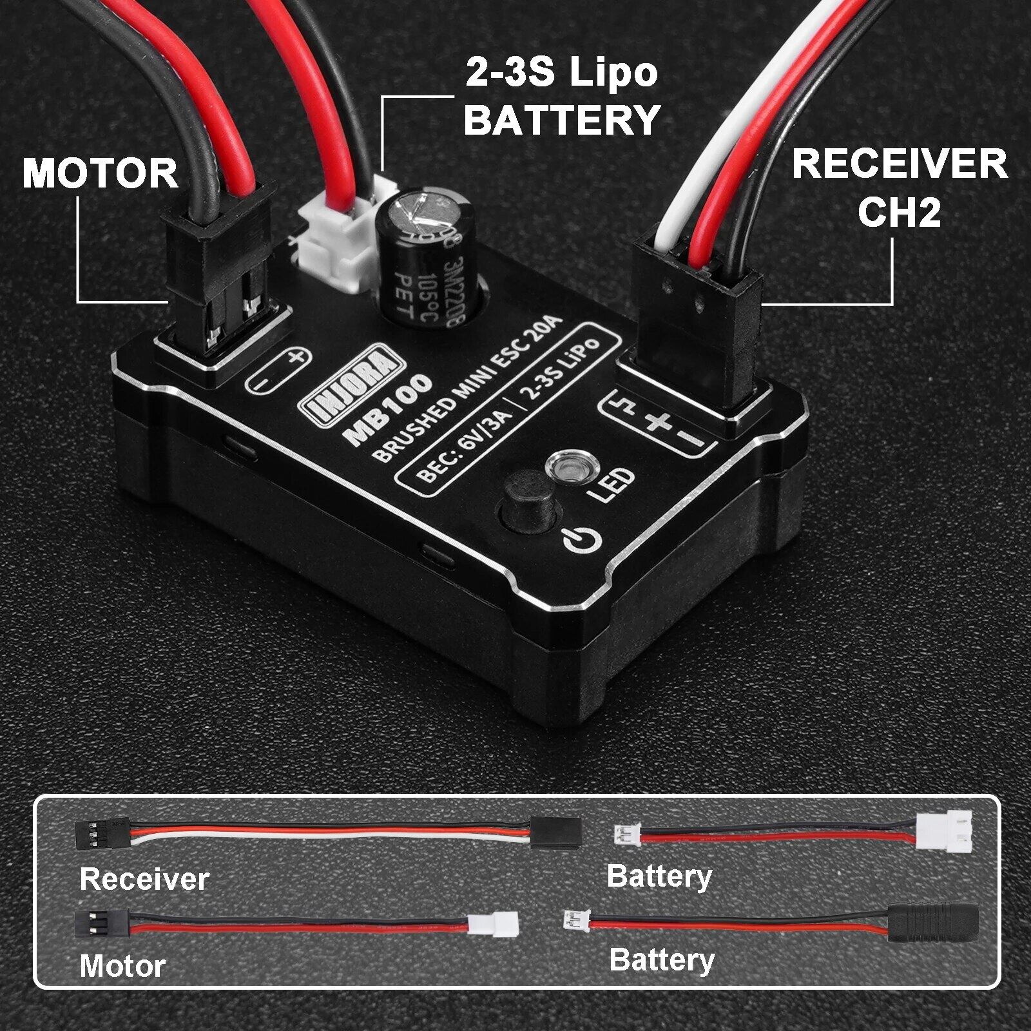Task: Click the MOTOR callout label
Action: point(100,173)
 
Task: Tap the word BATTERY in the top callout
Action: point(562,119)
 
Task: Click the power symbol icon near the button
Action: point(583,540)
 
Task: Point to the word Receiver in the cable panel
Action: point(144,879)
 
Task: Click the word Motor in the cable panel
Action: point(122,966)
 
